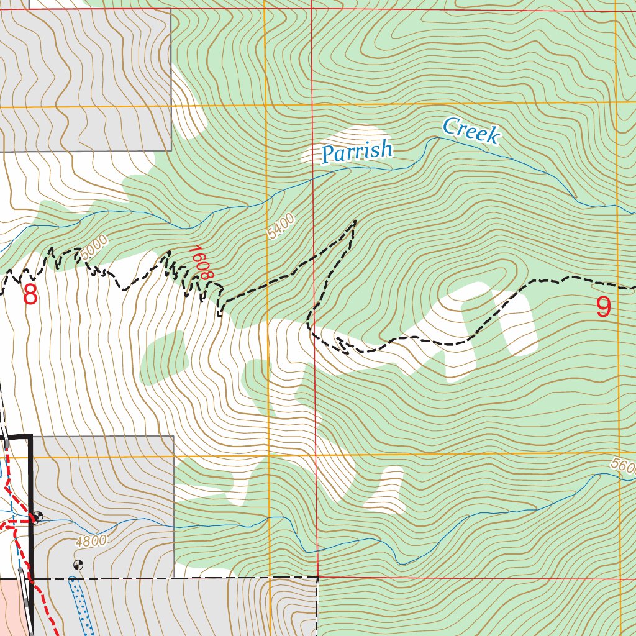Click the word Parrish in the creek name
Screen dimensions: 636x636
click(x=357, y=152)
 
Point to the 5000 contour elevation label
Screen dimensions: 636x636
click(x=93, y=247)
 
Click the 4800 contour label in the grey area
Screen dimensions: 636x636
click(x=91, y=541)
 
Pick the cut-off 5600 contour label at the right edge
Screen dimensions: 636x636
click(x=623, y=466)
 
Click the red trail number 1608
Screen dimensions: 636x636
click(x=201, y=262)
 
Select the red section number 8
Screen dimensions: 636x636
click(x=30, y=295)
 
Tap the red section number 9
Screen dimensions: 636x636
click(x=603, y=307)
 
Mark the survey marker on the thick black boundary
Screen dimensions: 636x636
click(x=37, y=516)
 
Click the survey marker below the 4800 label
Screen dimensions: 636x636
click(x=78, y=565)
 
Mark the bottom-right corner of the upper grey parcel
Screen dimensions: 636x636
click(x=171, y=150)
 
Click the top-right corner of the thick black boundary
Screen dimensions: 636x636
click(x=30, y=437)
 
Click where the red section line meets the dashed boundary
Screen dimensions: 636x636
click(x=317, y=577)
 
